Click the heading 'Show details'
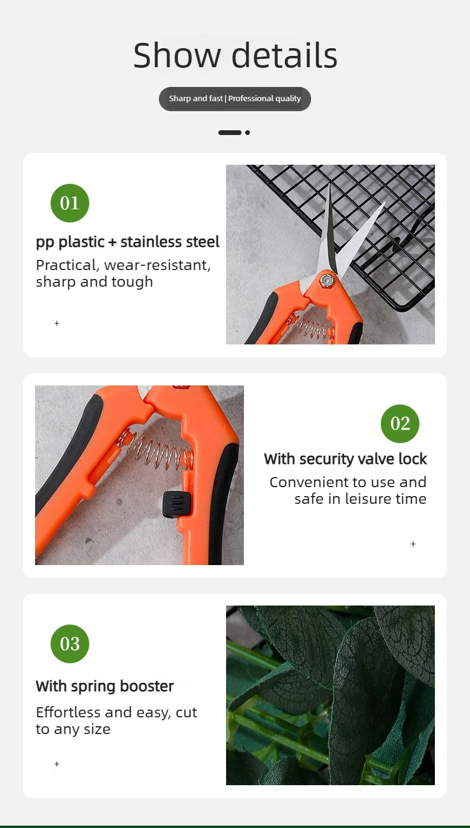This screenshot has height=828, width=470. [x=235, y=55]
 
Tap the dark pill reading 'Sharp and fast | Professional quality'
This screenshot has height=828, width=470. [x=235, y=99]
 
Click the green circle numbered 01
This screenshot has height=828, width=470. [x=70, y=203]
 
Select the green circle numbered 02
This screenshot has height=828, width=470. [x=400, y=424]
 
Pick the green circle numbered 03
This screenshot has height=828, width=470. [x=70, y=644]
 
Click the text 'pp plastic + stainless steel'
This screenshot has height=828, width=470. [x=127, y=242]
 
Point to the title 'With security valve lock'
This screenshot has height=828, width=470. [x=346, y=459]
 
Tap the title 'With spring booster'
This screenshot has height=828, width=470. [x=105, y=686]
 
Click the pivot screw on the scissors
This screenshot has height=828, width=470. [x=326, y=281]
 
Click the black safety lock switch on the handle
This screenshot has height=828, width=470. [x=177, y=504]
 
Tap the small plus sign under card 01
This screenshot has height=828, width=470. [x=57, y=324]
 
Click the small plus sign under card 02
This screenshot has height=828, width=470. [x=413, y=544]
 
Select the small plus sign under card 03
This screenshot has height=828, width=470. [x=57, y=764]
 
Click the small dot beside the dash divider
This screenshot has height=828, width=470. [x=247, y=133]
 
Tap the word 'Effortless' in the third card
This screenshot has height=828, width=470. [x=68, y=712]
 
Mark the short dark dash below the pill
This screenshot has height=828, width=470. [x=230, y=133]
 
